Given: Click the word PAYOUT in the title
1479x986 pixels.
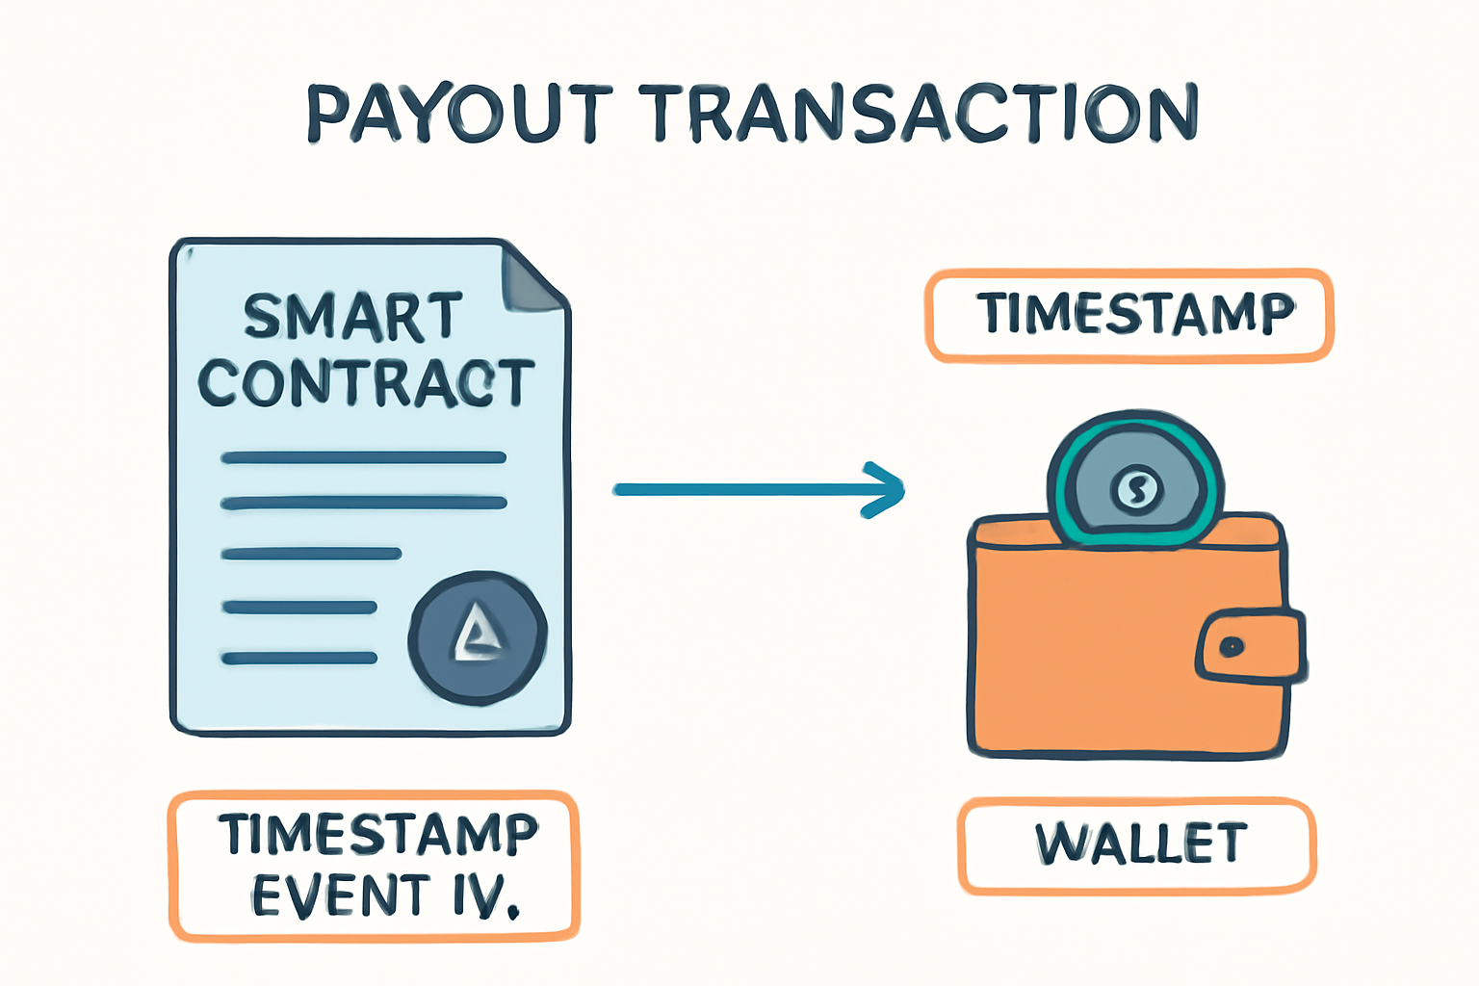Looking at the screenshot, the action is tap(460, 113).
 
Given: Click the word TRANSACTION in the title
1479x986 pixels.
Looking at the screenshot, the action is tap(919, 113).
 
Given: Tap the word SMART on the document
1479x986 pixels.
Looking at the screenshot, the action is tap(352, 318).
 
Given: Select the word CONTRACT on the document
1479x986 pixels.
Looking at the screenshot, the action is tap(367, 383).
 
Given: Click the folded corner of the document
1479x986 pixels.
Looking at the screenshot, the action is tap(531, 278).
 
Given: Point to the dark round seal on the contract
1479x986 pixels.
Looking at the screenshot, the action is tap(478, 638).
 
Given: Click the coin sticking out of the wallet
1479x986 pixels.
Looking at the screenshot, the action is tap(1135, 479).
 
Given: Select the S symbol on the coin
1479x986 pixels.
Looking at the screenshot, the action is tap(1136, 489).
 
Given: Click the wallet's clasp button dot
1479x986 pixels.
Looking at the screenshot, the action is tap(1232, 646).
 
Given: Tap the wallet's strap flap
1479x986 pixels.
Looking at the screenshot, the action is tap(1250, 646).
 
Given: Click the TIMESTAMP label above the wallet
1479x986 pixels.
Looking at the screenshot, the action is tap(1129, 316).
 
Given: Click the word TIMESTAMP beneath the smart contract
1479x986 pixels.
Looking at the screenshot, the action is tap(378, 834).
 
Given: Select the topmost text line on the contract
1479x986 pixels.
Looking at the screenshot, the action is tap(364, 457).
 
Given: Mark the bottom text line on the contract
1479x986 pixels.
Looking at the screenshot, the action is tap(299, 658).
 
